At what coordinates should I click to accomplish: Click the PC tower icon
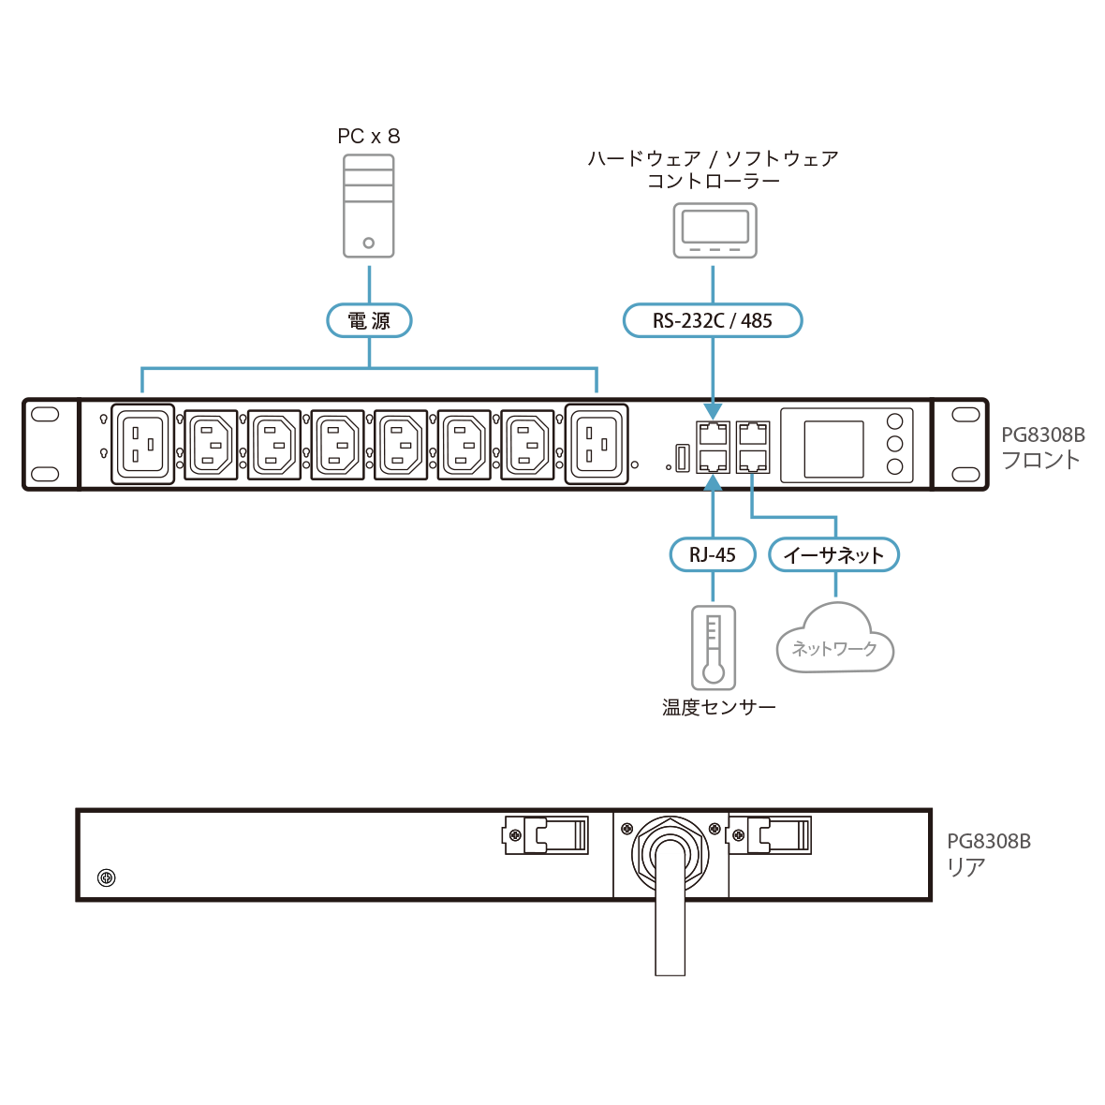pos(368,206)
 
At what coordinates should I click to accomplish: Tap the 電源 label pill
pos(369,321)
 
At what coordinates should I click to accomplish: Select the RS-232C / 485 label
pos(713,321)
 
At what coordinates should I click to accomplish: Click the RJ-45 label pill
pos(713,554)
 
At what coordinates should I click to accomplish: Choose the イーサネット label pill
pos(833,554)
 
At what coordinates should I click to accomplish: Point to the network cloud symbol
pos(834,640)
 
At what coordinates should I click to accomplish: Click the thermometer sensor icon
pos(714,647)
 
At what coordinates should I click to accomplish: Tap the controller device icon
pos(715,231)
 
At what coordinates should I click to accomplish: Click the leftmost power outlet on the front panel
pos(143,443)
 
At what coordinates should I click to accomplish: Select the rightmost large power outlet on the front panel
pos(597,443)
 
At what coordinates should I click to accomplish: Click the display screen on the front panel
pos(833,449)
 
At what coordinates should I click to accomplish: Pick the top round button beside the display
pos(894,422)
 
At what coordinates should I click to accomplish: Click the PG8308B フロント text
pos(1041,448)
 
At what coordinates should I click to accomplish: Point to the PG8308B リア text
pos(988,854)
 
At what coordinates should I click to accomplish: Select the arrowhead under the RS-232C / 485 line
pos(714,411)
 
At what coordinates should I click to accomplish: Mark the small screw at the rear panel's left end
pos(106,877)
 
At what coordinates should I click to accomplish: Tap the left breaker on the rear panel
pos(546,833)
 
